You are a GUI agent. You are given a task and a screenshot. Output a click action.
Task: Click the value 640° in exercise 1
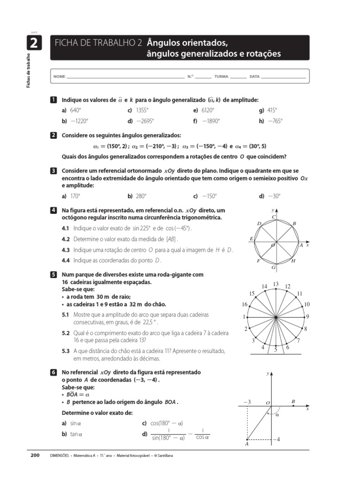[x=75, y=110]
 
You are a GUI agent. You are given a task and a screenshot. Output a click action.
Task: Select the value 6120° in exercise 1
[x=208, y=110]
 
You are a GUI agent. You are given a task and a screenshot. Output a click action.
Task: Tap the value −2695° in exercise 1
[x=145, y=120]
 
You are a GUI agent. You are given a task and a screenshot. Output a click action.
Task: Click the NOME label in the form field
[x=59, y=76]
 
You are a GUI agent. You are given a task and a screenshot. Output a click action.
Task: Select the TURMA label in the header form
[x=221, y=76]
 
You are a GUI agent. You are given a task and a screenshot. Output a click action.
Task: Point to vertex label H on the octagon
[x=293, y=261]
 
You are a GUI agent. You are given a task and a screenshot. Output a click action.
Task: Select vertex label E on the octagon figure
[x=251, y=239]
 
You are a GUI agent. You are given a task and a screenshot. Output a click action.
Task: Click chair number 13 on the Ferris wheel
[x=276, y=284]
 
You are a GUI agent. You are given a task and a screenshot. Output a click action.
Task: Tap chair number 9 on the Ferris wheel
[x=307, y=317]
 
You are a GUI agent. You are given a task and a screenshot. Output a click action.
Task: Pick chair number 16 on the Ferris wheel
[x=244, y=304]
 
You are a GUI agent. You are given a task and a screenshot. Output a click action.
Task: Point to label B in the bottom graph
[x=293, y=401]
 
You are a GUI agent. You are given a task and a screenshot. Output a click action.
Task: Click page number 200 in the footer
[x=35, y=455]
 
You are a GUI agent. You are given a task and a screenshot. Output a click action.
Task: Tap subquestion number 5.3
[x=66, y=350]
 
